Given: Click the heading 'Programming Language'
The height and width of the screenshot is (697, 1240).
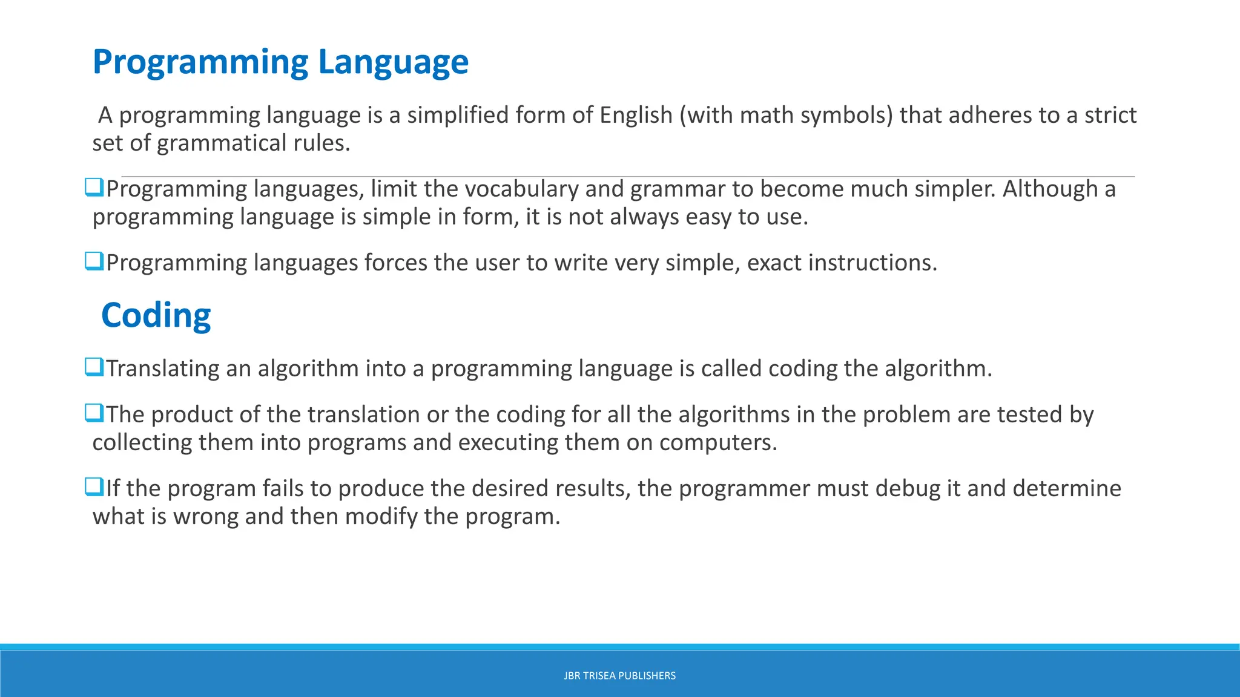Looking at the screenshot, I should click(280, 62).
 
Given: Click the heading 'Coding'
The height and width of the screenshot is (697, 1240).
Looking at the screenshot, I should click(156, 315).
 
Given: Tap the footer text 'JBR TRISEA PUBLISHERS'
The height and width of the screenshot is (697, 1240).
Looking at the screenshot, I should click(619, 676).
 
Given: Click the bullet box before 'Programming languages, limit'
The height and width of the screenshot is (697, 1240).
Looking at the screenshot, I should click(94, 188).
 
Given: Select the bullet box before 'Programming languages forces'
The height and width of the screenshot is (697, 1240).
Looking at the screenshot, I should click(94, 261).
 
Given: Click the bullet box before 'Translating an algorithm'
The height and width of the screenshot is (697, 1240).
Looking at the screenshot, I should click(94, 367).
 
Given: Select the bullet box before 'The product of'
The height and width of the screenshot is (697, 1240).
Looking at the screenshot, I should click(94, 413).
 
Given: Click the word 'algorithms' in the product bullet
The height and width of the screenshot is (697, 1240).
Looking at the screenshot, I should click(734, 415).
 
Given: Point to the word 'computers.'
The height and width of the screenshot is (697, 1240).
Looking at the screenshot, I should click(718, 443).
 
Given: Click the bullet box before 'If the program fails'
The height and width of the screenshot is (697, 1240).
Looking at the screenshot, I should click(94, 486).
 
